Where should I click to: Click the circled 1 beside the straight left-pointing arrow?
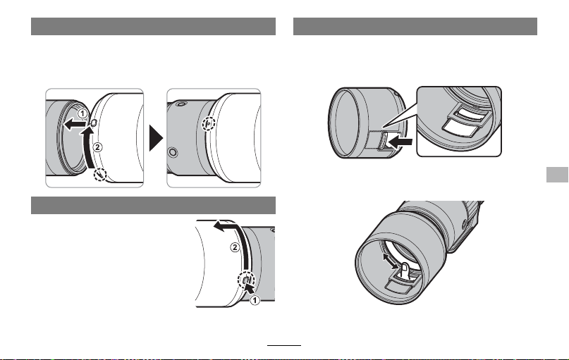[82, 114]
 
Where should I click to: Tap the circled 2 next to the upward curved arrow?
[97, 147]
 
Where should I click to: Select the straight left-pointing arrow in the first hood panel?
[75, 125]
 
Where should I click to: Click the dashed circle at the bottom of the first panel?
[100, 175]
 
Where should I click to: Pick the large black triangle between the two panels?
[157, 138]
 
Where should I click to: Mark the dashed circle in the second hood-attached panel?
[209, 124]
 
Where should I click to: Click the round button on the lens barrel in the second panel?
[173, 152]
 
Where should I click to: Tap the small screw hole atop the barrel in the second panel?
[180, 104]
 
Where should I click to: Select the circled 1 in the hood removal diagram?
[255, 300]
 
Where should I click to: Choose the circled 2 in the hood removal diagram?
[235, 247]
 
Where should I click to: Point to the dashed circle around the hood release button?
[246, 280]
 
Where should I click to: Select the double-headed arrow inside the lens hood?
[391, 261]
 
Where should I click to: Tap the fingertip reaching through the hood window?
[405, 270]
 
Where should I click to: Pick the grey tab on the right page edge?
[558, 175]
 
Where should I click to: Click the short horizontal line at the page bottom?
[284, 345]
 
